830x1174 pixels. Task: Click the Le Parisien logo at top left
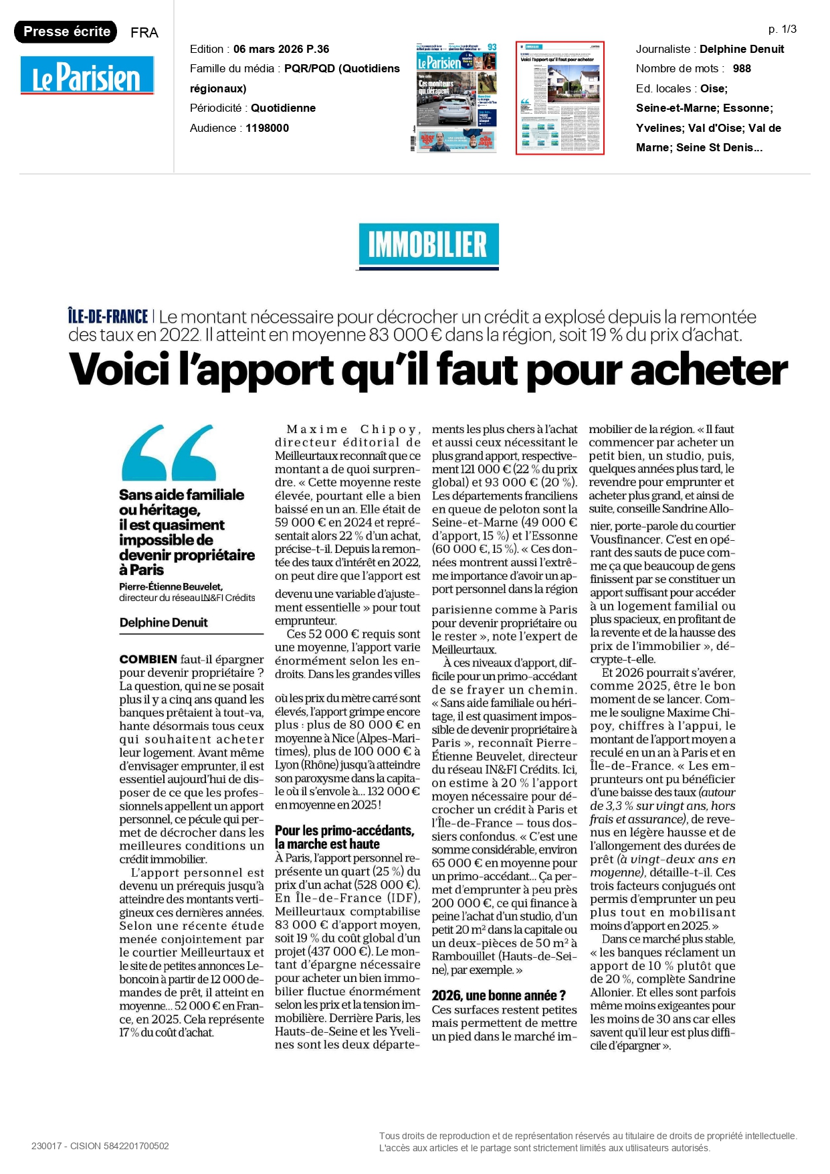point(87,75)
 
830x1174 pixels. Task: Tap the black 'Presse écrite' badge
point(66,31)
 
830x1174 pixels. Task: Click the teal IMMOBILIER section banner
point(427,245)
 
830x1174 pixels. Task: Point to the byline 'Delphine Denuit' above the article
point(163,622)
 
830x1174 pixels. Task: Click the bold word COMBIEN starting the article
point(148,659)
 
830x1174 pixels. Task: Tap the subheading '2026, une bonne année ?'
point(498,995)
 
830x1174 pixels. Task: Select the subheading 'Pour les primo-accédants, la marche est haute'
point(344,837)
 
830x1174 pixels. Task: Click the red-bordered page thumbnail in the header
point(560,98)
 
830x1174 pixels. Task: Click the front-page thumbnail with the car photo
point(456,98)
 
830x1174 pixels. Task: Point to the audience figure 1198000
point(267,128)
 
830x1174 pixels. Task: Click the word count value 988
point(742,68)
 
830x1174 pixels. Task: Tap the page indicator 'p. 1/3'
point(782,29)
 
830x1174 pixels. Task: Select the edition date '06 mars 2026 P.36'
point(281,49)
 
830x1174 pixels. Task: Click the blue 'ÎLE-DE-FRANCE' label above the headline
point(108,317)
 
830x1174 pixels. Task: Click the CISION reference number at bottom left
point(100,1146)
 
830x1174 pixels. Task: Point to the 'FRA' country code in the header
point(144,33)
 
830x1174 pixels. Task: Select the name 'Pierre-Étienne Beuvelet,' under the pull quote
point(171,586)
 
